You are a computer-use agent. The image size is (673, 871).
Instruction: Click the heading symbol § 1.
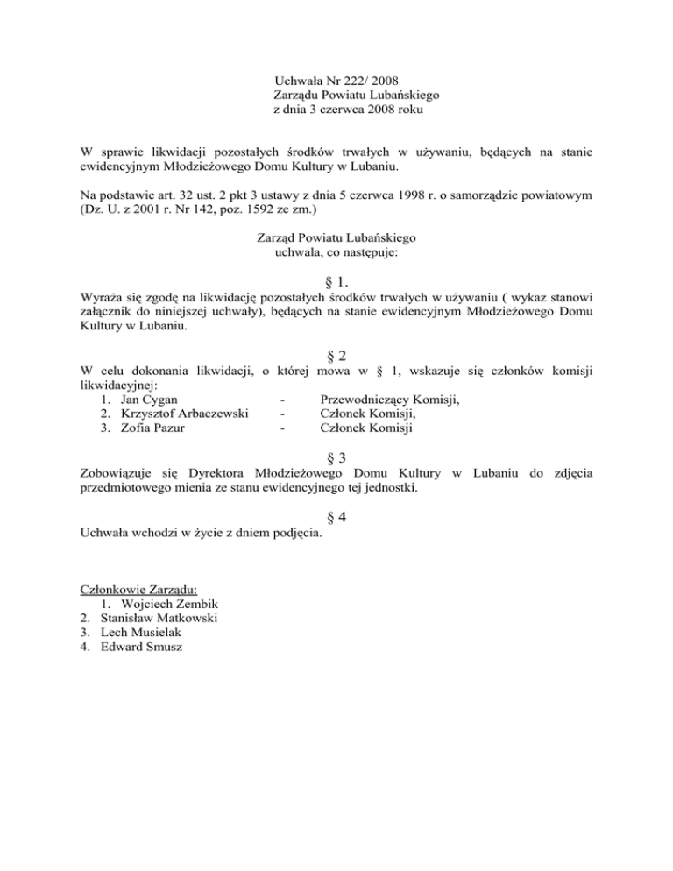(x=336, y=283)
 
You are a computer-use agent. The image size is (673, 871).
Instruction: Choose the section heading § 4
(x=336, y=517)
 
